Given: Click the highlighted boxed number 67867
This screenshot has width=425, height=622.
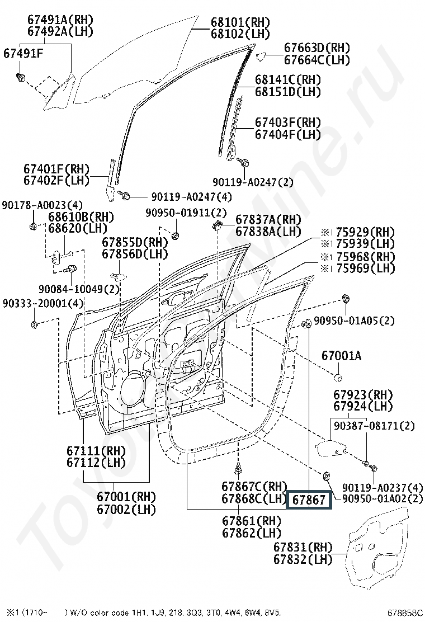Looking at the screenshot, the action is pyautogui.click(x=309, y=500).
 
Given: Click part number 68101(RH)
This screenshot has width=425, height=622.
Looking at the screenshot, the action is pyautogui.click(x=240, y=22).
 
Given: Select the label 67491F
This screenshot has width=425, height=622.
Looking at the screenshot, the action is pyautogui.click(x=23, y=53).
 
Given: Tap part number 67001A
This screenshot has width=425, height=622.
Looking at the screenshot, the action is pyautogui.click(x=341, y=356).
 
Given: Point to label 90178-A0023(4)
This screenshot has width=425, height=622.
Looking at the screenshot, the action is pyautogui.click(x=42, y=205).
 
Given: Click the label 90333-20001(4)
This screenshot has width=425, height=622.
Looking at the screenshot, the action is pyautogui.click(x=43, y=304).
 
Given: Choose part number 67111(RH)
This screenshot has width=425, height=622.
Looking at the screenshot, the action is pyautogui.click(x=96, y=451).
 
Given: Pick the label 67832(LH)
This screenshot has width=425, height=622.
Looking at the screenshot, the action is pyautogui.click(x=303, y=559).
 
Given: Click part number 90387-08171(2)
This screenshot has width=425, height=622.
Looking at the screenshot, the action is pyautogui.click(x=374, y=426).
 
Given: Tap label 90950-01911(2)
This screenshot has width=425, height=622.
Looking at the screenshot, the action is pyautogui.click(x=186, y=213).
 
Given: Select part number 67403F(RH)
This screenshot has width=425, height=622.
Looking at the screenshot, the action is pyautogui.click(x=288, y=122).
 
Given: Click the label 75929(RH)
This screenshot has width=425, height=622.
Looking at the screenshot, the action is pyautogui.click(x=365, y=232).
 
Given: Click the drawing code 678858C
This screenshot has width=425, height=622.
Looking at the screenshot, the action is pyautogui.click(x=405, y=613).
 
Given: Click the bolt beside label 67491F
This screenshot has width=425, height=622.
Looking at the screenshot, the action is pyautogui.click(x=20, y=77).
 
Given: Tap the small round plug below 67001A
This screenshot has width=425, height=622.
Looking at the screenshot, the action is pyautogui.click(x=338, y=377).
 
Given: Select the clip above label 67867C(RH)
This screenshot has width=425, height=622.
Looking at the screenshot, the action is pyautogui.click(x=238, y=469).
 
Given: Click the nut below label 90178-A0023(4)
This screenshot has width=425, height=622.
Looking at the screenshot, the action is pyautogui.click(x=34, y=227).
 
